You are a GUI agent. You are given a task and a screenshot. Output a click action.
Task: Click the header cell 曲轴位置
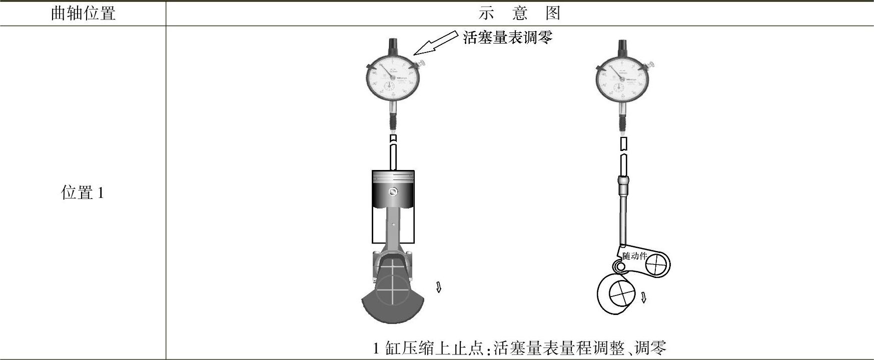(83, 13)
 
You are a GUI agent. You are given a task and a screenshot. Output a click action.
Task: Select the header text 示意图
(519, 13)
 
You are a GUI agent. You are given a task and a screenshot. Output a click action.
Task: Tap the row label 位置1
(83, 192)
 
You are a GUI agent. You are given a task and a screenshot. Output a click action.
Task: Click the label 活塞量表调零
(507, 37)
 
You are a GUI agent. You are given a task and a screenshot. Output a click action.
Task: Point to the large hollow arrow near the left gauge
(435, 43)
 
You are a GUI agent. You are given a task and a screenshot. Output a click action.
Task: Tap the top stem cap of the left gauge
(393, 46)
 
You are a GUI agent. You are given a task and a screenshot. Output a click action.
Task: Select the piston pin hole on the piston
(394, 191)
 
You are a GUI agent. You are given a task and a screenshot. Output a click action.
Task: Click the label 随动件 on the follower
(634, 256)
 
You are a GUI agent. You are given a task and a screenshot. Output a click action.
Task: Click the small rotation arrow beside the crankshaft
(439, 287)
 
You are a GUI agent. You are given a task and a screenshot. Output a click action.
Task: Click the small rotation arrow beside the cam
(643, 297)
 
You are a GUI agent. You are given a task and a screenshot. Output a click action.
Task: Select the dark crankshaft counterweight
(393, 307)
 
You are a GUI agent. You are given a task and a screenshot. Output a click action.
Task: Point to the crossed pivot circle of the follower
(656, 264)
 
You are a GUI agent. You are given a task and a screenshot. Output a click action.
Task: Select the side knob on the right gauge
(651, 64)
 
